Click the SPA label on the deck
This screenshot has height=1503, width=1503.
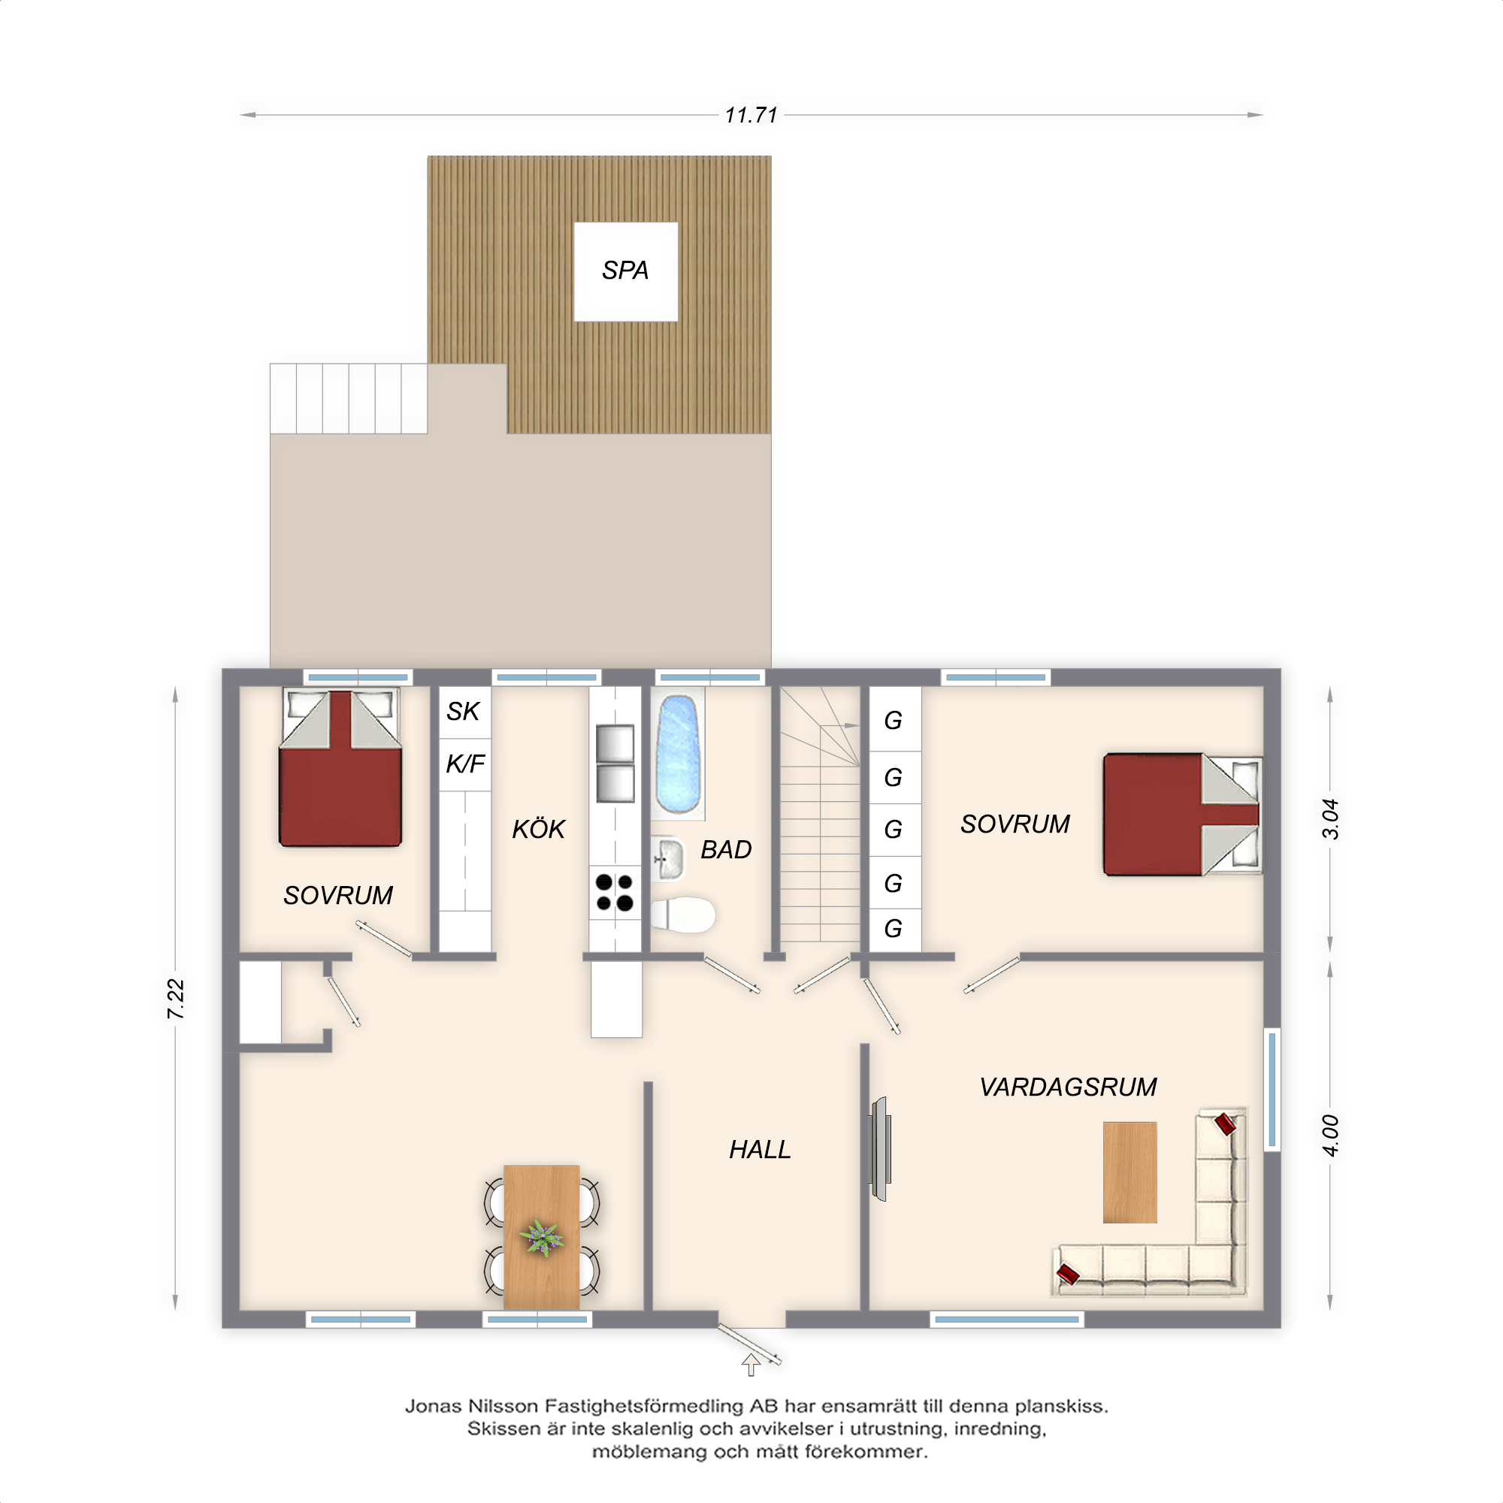[x=624, y=270]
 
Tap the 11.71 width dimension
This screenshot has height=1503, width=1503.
[x=751, y=115]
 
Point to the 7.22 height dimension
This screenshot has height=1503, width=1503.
[x=176, y=999]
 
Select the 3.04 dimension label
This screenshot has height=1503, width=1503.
[x=1330, y=818]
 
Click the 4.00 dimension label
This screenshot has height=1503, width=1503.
[x=1330, y=1136]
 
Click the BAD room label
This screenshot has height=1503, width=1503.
[x=726, y=849]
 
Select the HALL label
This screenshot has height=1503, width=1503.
[x=759, y=1149]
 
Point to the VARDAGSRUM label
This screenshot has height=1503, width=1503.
[x=1067, y=1087]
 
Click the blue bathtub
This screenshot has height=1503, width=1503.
[x=679, y=754]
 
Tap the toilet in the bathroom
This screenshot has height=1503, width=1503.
[x=682, y=914]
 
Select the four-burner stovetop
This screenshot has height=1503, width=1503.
[x=615, y=891]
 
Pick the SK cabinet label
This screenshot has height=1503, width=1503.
[x=463, y=711]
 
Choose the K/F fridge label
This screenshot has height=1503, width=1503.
[x=465, y=764]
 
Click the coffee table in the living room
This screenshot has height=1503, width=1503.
[x=1130, y=1172]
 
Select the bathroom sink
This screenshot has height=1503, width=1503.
[x=667, y=859]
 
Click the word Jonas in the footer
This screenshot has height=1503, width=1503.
[x=434, y=1406]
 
